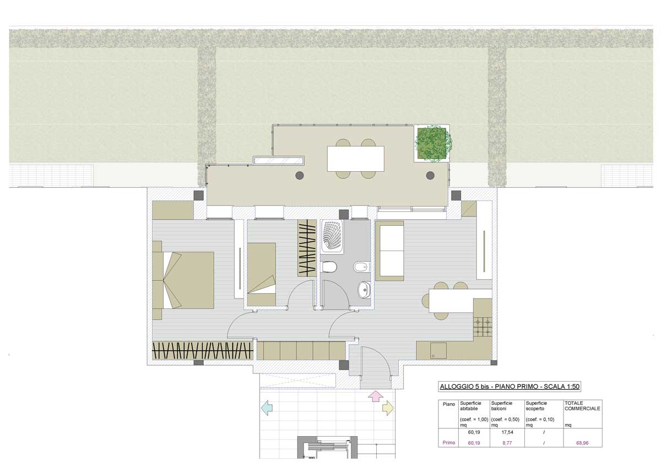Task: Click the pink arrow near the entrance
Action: tap(375, 396)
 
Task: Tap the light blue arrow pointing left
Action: tap(267, 408)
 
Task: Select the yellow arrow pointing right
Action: tap(388, 408)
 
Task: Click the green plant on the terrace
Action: tap(432, 143)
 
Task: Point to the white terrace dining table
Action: tap(356, 159)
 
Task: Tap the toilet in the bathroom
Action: tap(329, 267)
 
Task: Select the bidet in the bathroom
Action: tap(361, 267)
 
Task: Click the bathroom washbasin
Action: tap(365, 290)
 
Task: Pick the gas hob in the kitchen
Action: tap(483, 327)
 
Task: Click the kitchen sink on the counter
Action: tap(438, 350)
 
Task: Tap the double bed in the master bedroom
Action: tap(183, 280)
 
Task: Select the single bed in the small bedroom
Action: tap(262, 274)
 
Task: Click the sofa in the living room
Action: tap(389, 251)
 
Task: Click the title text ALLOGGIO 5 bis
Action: tap(464, 387)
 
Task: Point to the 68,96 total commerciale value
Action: tap(582, 443)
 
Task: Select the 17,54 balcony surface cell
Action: tap(507, 432)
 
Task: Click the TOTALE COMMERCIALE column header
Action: tap(582, 406)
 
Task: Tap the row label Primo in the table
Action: tap(449, 443)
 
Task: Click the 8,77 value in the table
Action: tap(507, 443)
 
